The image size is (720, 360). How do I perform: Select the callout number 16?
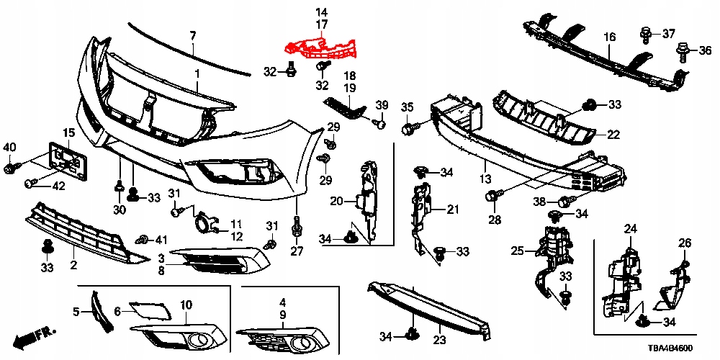pyautogui.click(x=609, y=37)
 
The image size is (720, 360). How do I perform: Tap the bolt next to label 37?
pyautogui.click(x=646, y=33)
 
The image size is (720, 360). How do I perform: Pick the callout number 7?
pyautogui.click(x=192, y=35)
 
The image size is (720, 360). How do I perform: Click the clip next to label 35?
pyautogui.click(x=410, y=129)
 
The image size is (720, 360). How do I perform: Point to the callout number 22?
pyautogui.click(x=613, y=134)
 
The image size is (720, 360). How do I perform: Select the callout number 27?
pyautogui.click(x=297, y=251)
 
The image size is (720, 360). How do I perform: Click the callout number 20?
pyautogui.click(x=336, y=202)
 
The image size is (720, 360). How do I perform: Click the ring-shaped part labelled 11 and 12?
pyautogui.click(x=204, y=224)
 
